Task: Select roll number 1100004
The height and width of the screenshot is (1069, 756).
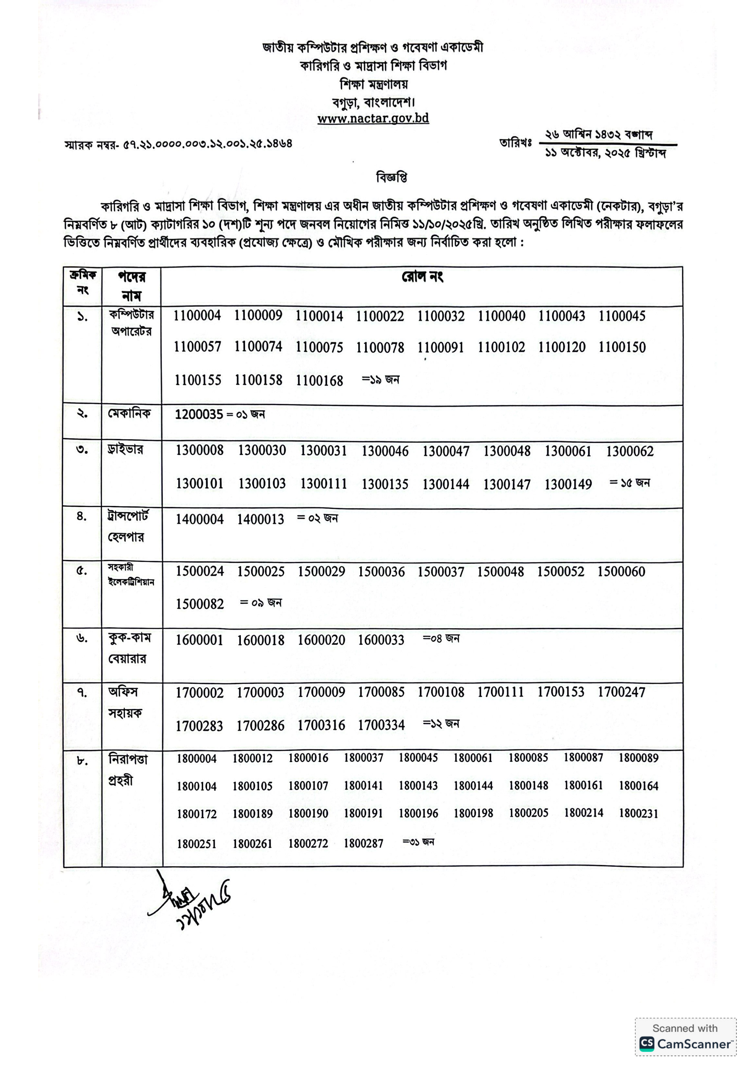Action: click(x=197, y=316)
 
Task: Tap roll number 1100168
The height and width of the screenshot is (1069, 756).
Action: click(x=319, y=381)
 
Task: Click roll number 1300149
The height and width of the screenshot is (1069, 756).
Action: click(x=568, y=485)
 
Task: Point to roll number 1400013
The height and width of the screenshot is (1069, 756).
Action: click(x=260, y=519)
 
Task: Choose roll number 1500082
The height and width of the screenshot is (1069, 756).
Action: click(x=200, y=604)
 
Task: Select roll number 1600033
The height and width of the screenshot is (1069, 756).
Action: click(x=381, y=640)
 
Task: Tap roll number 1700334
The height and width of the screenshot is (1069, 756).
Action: click(x=381, y=725)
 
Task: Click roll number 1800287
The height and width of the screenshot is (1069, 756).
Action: click(x=363, y=843)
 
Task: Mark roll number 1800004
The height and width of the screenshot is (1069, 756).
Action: click(x=197, y=759)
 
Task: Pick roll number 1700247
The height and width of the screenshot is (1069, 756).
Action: click(x=621, y=692)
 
